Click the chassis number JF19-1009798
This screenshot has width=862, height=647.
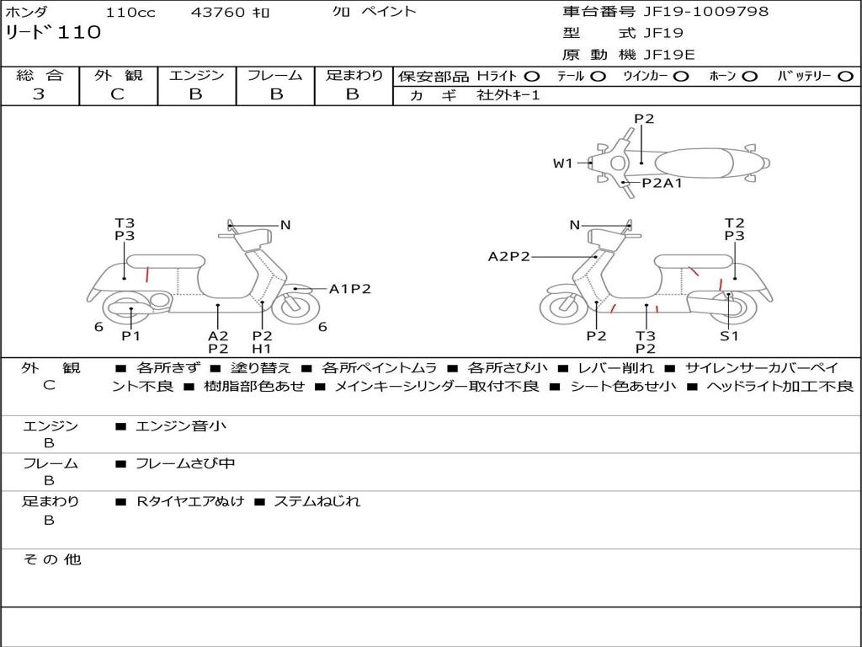694,12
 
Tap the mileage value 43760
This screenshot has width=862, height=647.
218,13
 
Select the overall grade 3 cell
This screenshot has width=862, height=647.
39,94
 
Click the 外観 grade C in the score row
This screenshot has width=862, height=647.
117,94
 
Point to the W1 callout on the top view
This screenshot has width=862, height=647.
562,163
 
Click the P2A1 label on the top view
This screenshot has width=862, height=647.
662,182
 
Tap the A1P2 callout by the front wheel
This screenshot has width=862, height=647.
349,289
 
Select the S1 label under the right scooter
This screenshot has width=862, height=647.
729,336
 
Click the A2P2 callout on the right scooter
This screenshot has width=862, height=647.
508,256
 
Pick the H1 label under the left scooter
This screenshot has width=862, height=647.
262,348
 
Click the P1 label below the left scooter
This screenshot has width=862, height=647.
130,336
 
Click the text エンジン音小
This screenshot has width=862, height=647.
181,426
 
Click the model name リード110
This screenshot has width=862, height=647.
53,33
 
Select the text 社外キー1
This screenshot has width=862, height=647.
508,95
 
